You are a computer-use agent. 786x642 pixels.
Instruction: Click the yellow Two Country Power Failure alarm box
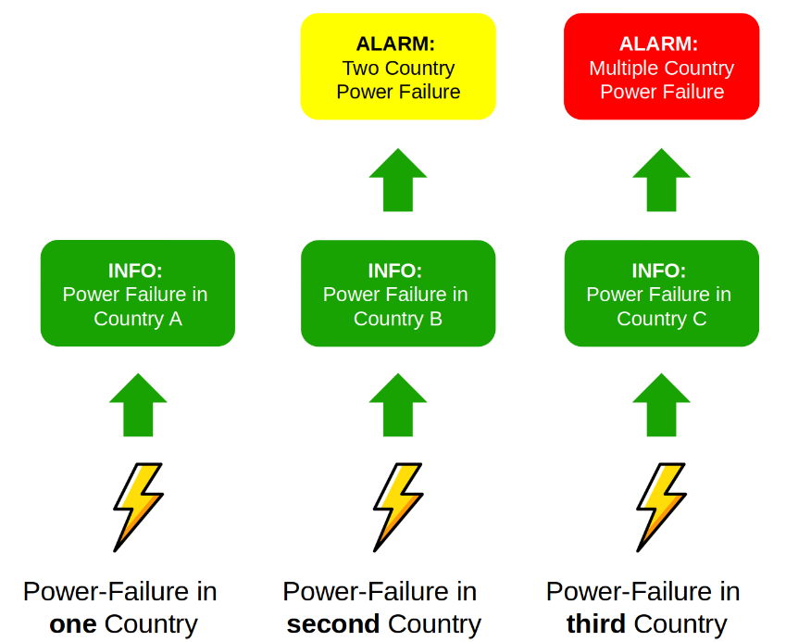[x=398, y=67]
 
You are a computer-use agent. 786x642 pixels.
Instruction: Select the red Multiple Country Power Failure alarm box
[x=661, y=67]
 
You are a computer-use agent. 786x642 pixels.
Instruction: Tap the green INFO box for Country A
[x=137, y=294]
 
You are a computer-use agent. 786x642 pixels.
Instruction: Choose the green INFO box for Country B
[x=398, y=294]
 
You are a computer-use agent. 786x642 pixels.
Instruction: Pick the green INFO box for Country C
[x=661, y=294]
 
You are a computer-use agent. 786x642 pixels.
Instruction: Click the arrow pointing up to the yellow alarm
[x=398, y=180]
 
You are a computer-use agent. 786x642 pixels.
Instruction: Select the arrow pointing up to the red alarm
[x=661, y=180]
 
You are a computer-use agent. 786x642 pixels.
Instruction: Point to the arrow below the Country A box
[x=138, y=405]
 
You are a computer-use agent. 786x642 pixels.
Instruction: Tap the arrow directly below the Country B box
[x=398, y=405]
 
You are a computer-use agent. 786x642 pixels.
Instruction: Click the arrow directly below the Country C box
[x=661, y=405]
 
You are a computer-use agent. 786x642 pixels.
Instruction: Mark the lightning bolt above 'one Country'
[x=138, y=507]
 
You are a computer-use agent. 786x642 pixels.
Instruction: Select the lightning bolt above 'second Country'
[x=398, y=507]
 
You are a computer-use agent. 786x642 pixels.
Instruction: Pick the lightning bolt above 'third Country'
[x=661, y=507]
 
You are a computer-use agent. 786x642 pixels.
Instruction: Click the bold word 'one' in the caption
[x=73, y=624]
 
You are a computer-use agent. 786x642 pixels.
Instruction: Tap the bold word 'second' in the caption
[x=332, y=624]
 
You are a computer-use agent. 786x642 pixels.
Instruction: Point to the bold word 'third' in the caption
[x=595, y=624]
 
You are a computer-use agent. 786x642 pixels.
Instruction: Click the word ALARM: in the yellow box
[x=395, y=44]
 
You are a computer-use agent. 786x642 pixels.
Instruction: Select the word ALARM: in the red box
[x=658, y=44]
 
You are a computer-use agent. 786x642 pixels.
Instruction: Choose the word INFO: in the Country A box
[x=135, y=271]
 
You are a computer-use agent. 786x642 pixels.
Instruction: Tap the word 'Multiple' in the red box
[x=624, y=68]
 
